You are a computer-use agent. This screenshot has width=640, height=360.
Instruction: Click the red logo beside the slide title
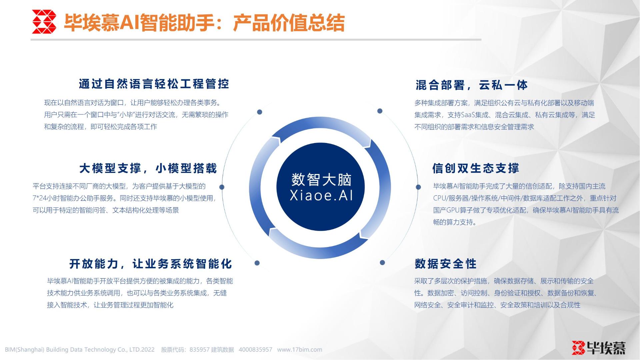coord(44,22)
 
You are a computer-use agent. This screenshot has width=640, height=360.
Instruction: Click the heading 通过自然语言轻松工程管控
coord(154,84)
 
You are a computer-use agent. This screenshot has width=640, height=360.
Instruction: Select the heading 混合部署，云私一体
coord(472,85)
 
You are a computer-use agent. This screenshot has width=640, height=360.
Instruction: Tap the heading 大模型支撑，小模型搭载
coord(148,168)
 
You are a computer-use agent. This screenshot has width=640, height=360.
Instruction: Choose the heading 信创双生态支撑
coord(476,168)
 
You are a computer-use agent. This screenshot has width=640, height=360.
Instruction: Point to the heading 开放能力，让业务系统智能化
coord(151,264)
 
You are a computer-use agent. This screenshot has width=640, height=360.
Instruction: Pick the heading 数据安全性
coord(446,264)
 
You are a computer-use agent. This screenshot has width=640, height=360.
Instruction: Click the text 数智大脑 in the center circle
coord(321,180)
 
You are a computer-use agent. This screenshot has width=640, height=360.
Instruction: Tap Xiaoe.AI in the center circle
coord(321,195)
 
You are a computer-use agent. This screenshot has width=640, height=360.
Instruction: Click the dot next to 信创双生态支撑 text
coord(418,187)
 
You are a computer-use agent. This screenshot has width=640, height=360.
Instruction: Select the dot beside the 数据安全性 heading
coord(382,263)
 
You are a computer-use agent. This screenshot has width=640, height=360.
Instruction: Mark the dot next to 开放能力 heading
coord(257,263)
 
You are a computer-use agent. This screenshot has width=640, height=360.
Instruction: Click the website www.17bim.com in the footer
coord(300,350)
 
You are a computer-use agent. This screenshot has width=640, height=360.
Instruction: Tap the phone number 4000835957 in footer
coord(255,350)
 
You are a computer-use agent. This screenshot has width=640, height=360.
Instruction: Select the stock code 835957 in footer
coord(199,350)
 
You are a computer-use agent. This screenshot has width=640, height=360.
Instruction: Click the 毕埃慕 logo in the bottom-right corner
coord(599,348)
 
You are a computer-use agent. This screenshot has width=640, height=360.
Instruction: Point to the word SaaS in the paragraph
coord(468,115)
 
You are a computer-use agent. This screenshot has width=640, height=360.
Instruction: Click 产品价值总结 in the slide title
coord(289,23)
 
